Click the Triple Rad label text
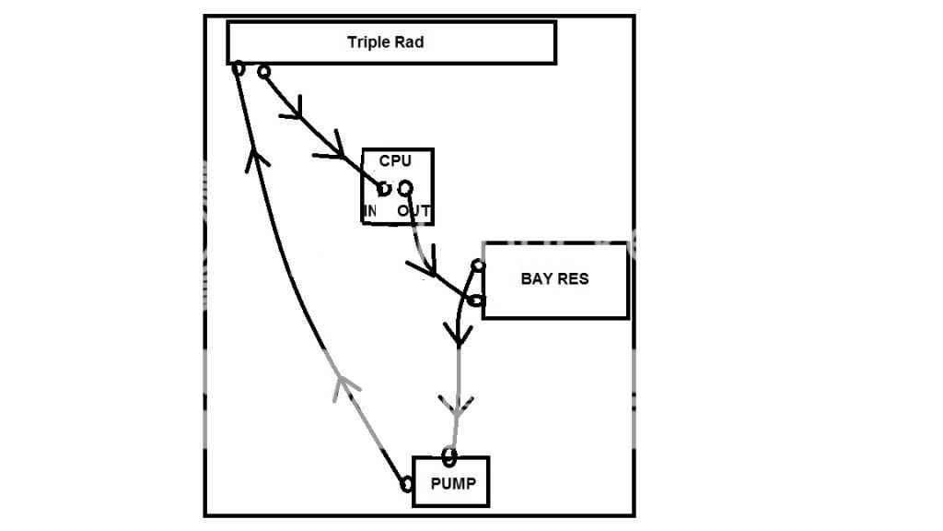pyautogui.click(x=385, y=42)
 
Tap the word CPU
pyautogui.click(x=395, y=160)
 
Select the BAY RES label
pyautogui.click(x=554, y=278)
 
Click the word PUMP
pyautogui.click(x=453, y=482)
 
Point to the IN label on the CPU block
pyautogui.click(x=370, y=211)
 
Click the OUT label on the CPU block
pyautogui.click(x=414, y=211)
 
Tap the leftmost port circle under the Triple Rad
pyautogui.click(x=238, y=68)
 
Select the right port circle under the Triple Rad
pyautogui.click(x=263, y=71)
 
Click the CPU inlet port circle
pyautogui.click(x=385, y=189)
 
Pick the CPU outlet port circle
pyautogui.click(x=404, y=188)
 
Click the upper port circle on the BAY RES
pyautogui.click(x=478, y=266)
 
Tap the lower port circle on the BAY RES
pyautogui.click(x=475, y=300)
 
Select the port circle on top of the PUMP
pyautogui.click(x=448, y=454)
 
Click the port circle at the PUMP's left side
pyautogui.click(x=406, y=484)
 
